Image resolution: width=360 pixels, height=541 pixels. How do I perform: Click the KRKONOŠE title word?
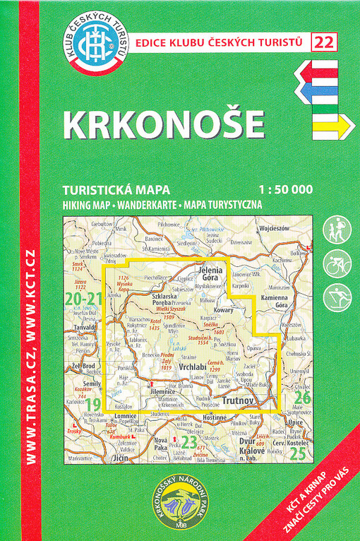163,124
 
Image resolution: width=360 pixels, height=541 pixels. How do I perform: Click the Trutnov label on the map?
239,400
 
